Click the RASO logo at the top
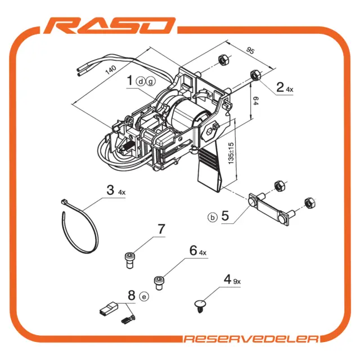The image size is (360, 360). [x=110, y=25]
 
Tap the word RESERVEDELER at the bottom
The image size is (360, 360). [x=251, y=339]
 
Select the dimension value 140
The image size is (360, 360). [x=111, y=70]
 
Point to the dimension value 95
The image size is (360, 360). [x=250, y=51]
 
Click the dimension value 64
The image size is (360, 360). [x=255, y=101]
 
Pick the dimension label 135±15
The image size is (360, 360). [x=231, y=154]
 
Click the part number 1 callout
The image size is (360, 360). [x=130, y=80]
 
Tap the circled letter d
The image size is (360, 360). [x=140, y=81]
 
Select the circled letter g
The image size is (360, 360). [x=151, y=81]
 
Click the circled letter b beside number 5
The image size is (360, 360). [x=213, y=217]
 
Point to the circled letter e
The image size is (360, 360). [x=144, y=296]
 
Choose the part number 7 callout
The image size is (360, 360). [x=161, y=229]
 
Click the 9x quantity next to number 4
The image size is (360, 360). [x=237, y=281]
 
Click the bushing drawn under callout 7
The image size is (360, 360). [x=130, y=260]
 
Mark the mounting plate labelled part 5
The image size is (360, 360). [x=270, y=209]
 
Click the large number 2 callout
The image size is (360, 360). [x=280, y=87]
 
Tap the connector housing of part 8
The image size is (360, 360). [x=109, y=308]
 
